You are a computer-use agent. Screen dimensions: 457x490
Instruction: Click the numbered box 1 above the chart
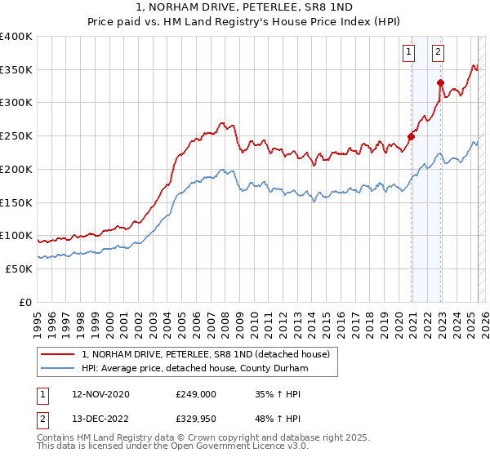point(408,53)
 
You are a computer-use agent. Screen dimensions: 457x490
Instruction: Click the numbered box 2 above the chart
point(438,53)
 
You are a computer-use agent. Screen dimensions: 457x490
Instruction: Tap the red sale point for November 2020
point(412,136)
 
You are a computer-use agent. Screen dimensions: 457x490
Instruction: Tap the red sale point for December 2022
point(440,82)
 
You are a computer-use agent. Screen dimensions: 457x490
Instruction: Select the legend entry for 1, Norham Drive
point(205,354)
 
